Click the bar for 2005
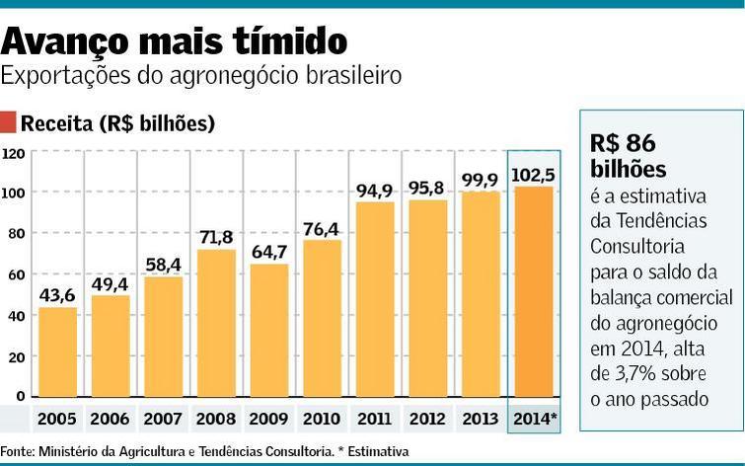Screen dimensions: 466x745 (x=57, y=352)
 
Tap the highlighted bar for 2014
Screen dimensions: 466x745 (x=533, y=292)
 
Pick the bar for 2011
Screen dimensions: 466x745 (x=375, y=300)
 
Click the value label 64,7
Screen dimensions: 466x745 (x=269, y=252)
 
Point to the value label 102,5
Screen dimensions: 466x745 (x=534, y=175)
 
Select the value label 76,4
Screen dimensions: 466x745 (x=322, y=229)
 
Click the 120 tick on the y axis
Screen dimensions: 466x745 (x=13, y=153)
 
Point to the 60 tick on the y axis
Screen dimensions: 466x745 (x=15, y=274)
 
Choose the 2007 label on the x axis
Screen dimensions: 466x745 (x=163, y=420)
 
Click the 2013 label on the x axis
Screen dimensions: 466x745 (x=481, y=420)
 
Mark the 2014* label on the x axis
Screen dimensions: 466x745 (x=534, y=420)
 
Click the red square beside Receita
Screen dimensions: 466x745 (x=9, y=123)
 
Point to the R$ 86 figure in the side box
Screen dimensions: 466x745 (x=622, y=143)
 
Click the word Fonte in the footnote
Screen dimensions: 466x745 (x=17, y=451)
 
